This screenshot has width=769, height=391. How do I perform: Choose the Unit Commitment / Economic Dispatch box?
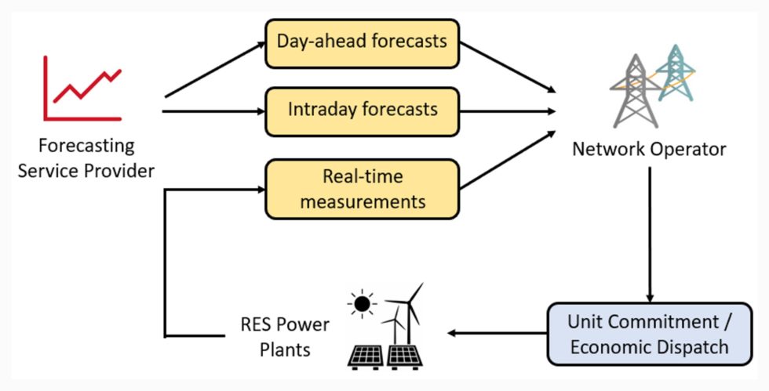(x=649, y=333)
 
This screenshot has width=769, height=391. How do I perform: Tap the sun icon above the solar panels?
(x=362, y=302)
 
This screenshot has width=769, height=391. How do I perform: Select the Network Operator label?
(x=649, y=149)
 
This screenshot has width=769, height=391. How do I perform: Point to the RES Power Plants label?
(x=285, y=336)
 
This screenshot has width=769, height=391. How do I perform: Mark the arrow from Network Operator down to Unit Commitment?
(x=649, y=235)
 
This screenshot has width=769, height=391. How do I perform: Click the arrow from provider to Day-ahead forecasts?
(x=216, y=69)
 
